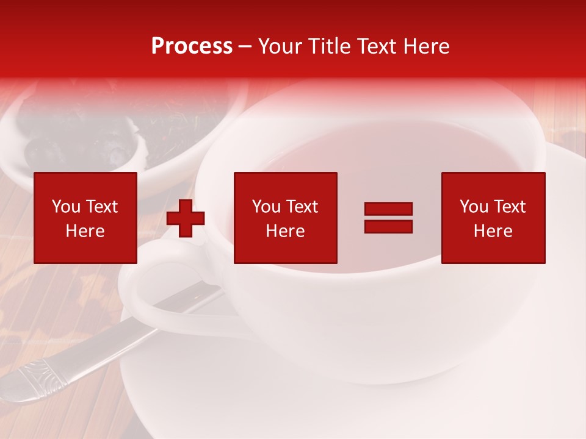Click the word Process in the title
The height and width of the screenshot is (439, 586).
click(192, 46)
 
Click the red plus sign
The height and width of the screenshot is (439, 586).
click(186, 218)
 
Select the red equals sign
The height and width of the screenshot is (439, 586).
click(388, 218)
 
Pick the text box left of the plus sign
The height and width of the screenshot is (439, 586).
click(85, 218)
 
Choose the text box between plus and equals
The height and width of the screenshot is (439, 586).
click(285, 218)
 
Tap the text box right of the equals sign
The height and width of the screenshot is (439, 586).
click(493, 218)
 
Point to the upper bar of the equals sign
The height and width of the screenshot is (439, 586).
click(388, 209)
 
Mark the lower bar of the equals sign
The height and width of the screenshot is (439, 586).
click(388, 226)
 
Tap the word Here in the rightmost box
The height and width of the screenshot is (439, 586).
click(493, 231)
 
